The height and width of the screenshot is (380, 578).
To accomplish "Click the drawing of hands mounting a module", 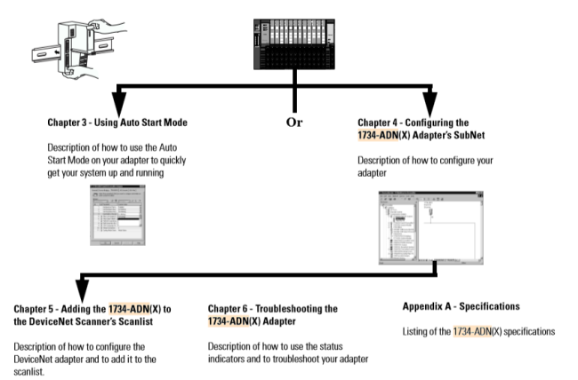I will (66, 45).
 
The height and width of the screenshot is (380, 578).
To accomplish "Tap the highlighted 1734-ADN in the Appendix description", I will (472, 331).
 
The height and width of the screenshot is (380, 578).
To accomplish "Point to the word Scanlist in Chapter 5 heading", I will (148, 321).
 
